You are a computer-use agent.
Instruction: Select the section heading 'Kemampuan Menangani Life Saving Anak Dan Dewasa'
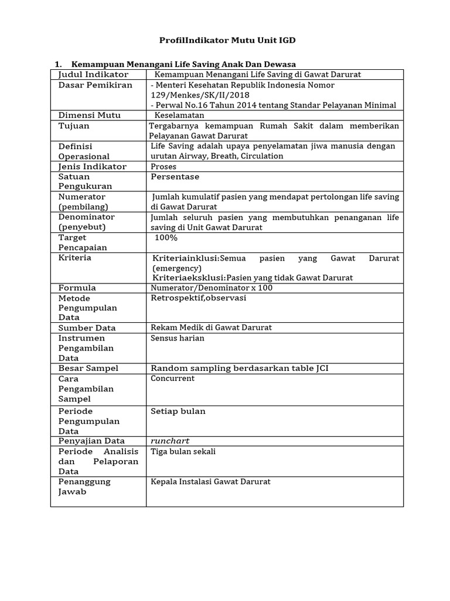(183, 64)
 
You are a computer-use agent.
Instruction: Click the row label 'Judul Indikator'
(93, 75)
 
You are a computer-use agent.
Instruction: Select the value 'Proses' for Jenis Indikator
(163, 167)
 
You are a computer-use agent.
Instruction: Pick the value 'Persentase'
(175, 177)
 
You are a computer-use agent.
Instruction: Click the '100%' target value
(166, 238)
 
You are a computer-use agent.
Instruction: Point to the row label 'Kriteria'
(75, 258)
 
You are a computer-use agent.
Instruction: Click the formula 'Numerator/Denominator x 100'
(212, 288)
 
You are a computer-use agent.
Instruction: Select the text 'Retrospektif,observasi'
(199, 298)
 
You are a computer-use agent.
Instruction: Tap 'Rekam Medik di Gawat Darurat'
(211, 327)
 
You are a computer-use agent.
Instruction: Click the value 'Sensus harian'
(178, 338)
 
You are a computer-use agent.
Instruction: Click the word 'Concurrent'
(173, 379)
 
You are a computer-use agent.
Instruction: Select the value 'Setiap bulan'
(178, 411)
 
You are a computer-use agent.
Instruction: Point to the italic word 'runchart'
(171, 441)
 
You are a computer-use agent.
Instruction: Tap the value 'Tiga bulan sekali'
(183, 451)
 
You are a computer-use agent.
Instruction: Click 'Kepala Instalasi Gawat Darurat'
(210, 482)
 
